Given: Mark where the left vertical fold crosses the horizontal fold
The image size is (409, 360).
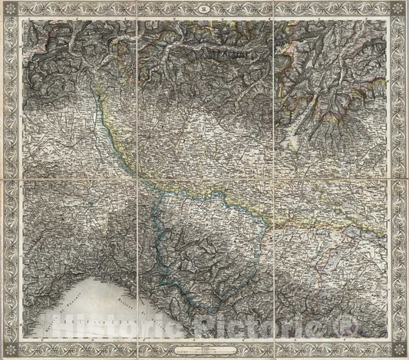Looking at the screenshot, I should tap(137, 178).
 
